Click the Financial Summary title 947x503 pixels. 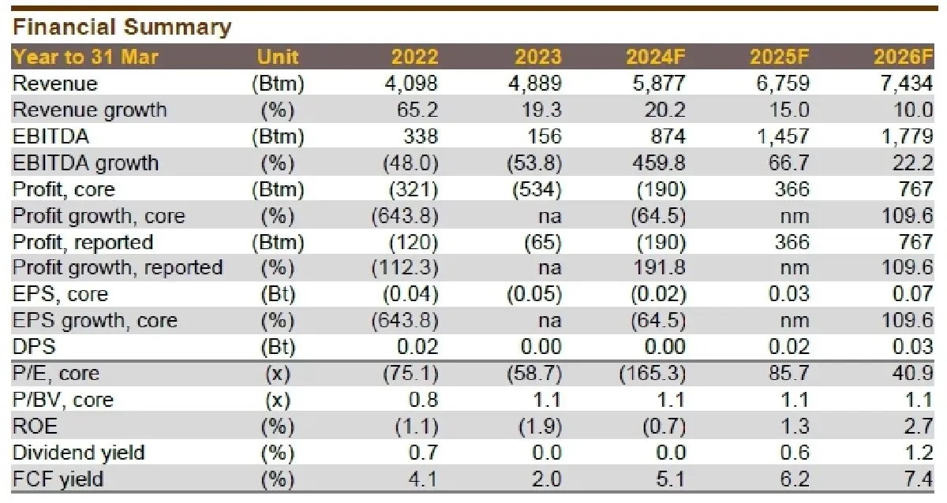(x=122, y=28)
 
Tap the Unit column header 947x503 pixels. (x=278, y=57)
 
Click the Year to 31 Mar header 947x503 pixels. (x=86, y=57)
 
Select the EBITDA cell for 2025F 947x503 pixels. (x=781, y=136)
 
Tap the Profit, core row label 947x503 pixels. (x=64, y=189)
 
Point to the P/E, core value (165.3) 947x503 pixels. (x=653, y=374)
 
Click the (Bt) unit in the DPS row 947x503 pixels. (x=277, y=347)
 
